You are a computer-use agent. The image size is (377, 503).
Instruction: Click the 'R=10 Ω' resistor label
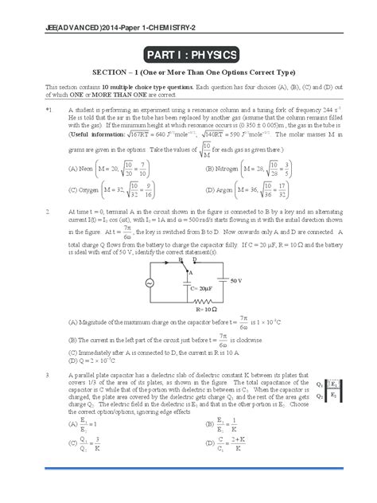coord(207,307)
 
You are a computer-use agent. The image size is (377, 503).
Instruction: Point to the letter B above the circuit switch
coord(181,259)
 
